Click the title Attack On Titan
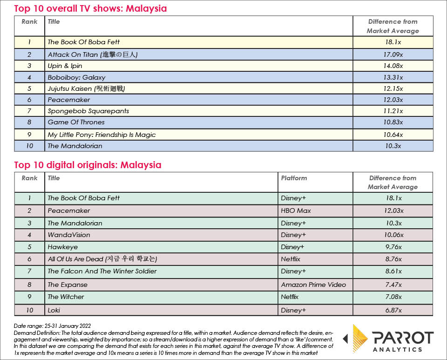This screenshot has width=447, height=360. pos(93,54)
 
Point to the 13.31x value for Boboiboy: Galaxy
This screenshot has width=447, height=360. pos(393,77)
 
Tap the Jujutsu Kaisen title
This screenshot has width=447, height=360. pos(87,88)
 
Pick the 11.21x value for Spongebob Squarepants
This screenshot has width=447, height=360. pos(393,111)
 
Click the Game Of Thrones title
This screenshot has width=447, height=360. pos(76,122)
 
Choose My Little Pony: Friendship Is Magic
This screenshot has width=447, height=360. pos(102,135)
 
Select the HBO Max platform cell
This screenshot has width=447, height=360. pos(296,211)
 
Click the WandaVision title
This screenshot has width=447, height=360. pos(69,235)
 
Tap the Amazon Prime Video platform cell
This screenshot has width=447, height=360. pos(313,285)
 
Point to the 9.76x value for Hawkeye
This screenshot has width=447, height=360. pos(393,247)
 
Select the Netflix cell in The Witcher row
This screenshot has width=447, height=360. pos(290,297)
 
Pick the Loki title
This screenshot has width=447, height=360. pos(54,310)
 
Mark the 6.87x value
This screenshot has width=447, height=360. pos(393,310)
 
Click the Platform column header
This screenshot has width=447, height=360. pos(294,178)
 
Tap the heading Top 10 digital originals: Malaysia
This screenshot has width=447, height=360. pos(88,165)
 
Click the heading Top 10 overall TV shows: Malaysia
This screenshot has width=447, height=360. pos(90,8)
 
